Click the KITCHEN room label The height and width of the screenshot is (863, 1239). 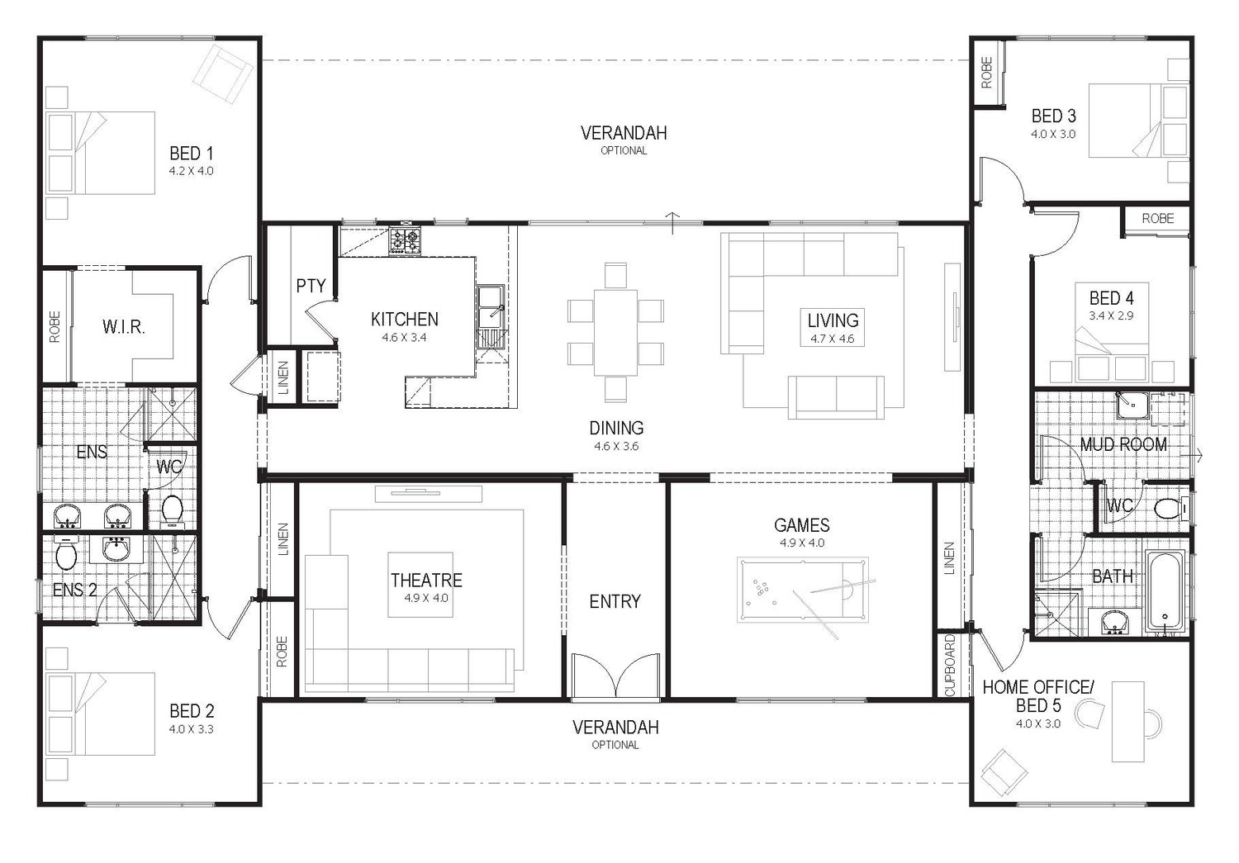tap(404, 320)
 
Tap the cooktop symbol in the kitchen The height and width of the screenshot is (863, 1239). tap(405, 240)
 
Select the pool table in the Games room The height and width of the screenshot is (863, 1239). tap(802, 590)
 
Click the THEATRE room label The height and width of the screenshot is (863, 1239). tap(426, 581)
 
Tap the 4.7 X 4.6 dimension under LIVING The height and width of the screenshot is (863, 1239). tap(833, 339)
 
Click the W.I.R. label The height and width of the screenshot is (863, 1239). tap(124, 327)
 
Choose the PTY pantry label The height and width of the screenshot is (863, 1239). tap(311, 287)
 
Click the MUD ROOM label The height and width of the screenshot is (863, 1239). tap(1123, 445)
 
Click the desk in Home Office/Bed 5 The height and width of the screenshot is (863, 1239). tap(1128, 722)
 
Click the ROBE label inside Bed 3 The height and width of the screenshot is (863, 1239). tap(987, 73)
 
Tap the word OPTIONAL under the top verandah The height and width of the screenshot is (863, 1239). tap(624, 151)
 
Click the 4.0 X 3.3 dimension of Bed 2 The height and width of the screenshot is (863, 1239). tap(192, 729)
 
